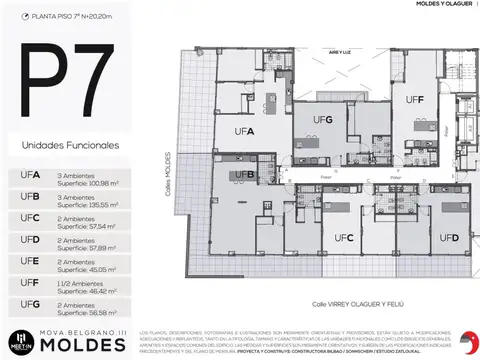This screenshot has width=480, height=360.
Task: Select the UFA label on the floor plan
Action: (x=244, y=131)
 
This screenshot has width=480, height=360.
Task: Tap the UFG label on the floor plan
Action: (x=322, y=119)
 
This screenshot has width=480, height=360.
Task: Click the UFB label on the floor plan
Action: (x=245, y=175)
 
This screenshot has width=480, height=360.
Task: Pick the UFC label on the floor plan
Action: (x=346, y=238)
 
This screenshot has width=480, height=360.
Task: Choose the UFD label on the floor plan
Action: (x=448, y=238)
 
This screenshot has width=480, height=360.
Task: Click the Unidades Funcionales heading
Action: (x=70, y=146)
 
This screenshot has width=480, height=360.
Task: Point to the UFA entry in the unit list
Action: (x=30, y=176)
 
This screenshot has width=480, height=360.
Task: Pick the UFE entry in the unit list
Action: (x=30, y=262)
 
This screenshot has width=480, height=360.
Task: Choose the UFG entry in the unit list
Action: (x=30, y=306)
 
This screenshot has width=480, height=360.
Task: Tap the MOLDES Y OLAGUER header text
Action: (x=419, y=5)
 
